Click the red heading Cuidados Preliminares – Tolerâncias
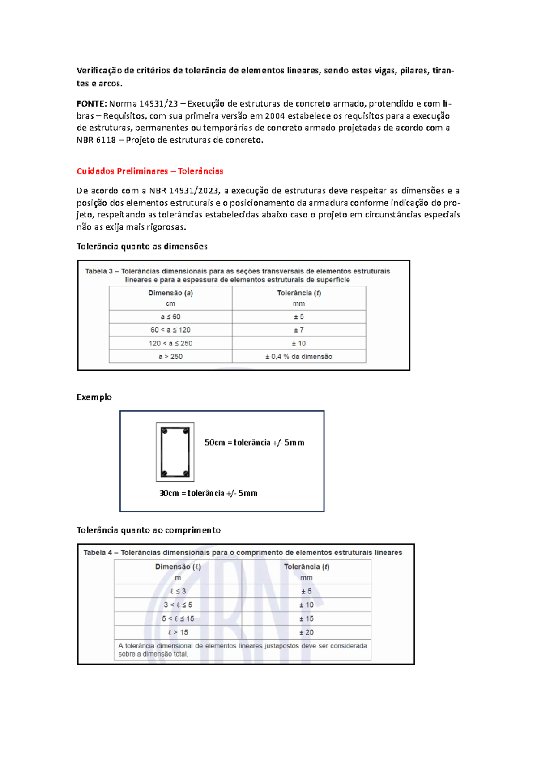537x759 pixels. (x=149, y=171)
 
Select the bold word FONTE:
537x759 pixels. (x=92, y=104)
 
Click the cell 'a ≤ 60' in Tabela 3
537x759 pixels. (x=170, y=317)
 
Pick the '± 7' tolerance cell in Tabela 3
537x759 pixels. (x=298, y=330)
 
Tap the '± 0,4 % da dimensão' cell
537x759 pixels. (x=298, y=357)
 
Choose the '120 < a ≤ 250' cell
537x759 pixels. (x=170, y=344)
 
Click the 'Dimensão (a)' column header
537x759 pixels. (x=170, y=293)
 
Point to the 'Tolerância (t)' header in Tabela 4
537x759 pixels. (x=307, y=567)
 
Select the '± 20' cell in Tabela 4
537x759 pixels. (x=307, y=632)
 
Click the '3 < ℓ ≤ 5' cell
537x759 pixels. (x=178, y=605)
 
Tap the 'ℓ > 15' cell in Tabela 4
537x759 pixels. (x=178, y=632)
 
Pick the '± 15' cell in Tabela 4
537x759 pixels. (x=307, y=619)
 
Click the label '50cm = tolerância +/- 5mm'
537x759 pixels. (x=254, y=443)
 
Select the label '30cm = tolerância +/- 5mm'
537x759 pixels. (x=209, y=493)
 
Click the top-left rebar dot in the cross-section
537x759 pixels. (x=165, y=431)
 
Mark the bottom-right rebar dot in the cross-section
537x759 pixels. (x=186, y=473)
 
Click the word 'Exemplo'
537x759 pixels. (x=94, y=397)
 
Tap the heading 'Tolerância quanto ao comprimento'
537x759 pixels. (x=149, y=530)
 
